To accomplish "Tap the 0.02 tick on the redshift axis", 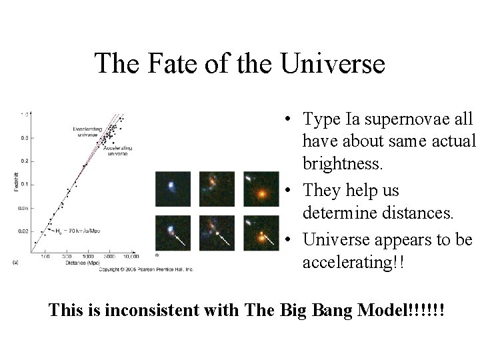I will [23, 231].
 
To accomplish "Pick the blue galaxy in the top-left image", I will [171, 186].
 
